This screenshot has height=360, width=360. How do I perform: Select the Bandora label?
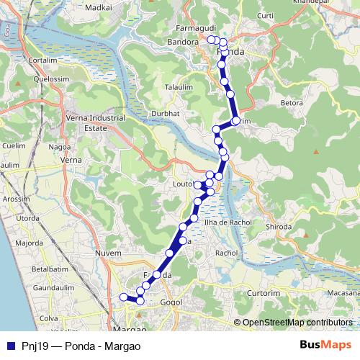tap(184, 42)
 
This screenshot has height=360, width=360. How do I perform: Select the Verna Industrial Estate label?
tap(86, 123)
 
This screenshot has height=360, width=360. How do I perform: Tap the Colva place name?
tap(50, 318)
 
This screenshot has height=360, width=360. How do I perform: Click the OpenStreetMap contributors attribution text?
tap(297, 322)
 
